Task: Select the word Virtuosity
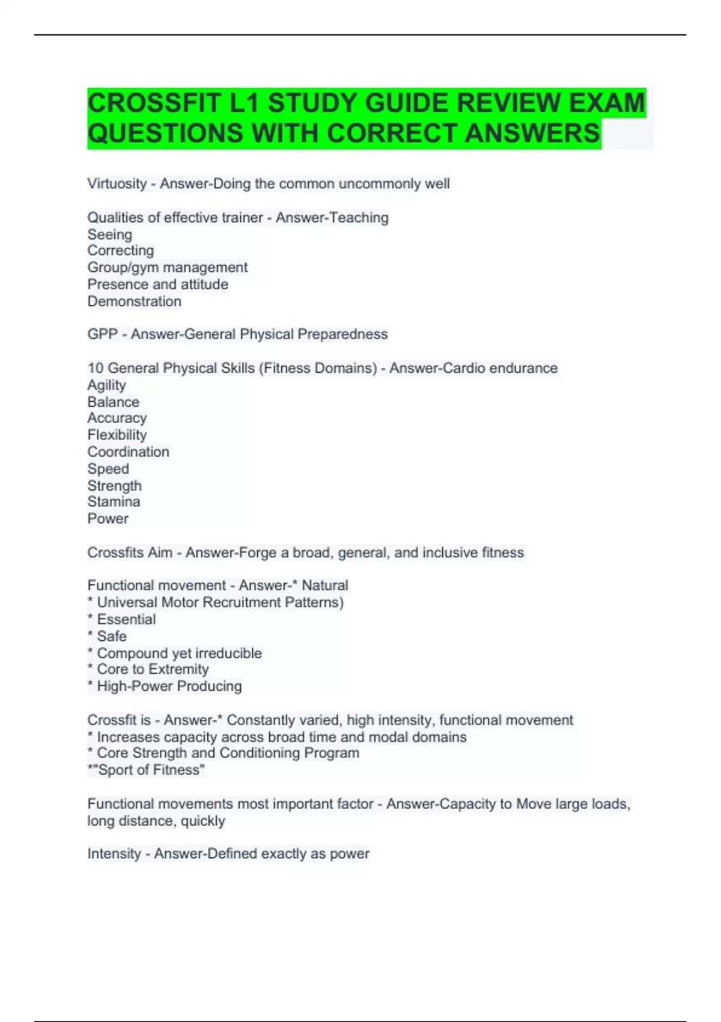click(117, 184)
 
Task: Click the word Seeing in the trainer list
click(110, 234)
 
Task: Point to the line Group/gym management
click(168, 268)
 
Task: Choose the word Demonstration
click(135, 301)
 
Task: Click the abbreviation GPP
click(102, 334)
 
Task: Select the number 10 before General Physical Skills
click(95, 368)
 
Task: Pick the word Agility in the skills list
click(107, 385)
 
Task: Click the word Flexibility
click(117, 435)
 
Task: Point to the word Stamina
click(114, 502)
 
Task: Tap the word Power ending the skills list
click(108, 519)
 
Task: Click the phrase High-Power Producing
click(169, 687)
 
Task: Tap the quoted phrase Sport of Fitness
click(151, 770)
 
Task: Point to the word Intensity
click(114, 854)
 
